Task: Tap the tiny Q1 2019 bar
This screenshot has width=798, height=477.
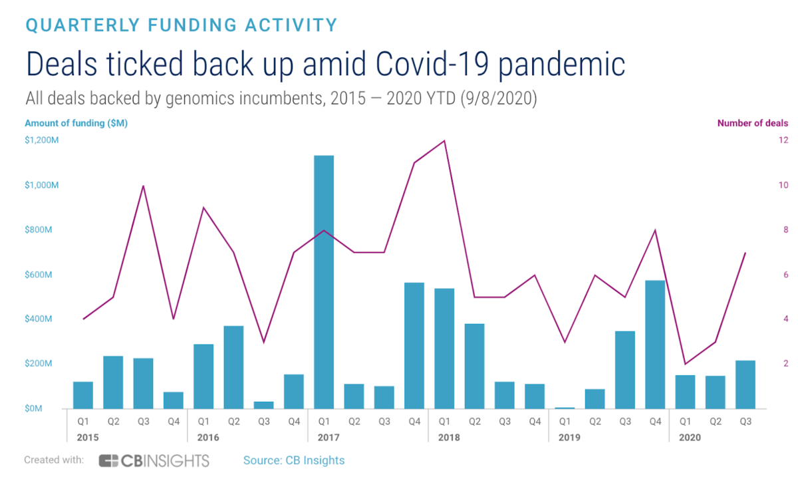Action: coord(565,407)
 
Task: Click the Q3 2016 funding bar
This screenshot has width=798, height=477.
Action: coord(263,405)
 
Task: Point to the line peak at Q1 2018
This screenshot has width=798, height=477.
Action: coord(444,140)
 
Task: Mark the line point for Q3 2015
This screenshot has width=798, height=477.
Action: coord(143,186)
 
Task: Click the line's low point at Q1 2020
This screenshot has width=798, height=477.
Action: coord(685,364)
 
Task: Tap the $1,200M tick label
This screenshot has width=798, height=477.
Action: coord(42,140)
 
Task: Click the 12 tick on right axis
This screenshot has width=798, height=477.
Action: coord(784,140)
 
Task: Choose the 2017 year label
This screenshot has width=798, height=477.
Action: coord(324,438)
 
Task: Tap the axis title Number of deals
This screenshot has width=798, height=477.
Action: coord(752,123)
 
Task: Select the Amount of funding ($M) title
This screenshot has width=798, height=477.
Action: coord(76,123)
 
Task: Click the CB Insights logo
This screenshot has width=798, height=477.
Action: coord(154,460)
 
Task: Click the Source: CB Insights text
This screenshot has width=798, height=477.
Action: coord(294,460)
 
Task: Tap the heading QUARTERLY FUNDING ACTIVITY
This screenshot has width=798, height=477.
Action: coord(181,25)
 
